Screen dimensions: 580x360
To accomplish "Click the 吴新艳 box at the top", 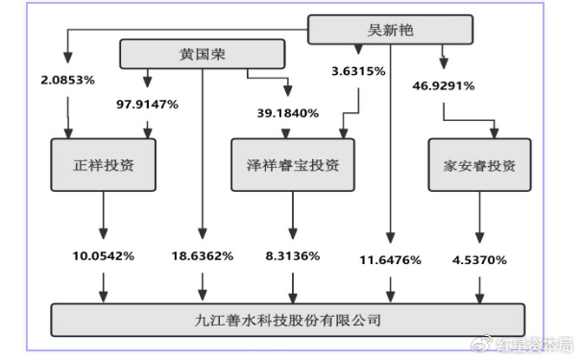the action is pyautogui.click(x=390, y=31).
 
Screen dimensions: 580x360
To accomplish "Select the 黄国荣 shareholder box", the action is pyautogui.click(x=202, y=52).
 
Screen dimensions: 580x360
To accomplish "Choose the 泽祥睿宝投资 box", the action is pyautogui.click(x=293, y=165).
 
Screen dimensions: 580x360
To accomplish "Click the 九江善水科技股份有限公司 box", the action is pyautogui.click(x=288, y=320).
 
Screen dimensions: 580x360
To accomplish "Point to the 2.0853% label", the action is pyautogui.click(x=67, y=80).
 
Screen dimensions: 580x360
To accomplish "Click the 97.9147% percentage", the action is pyautogui.click(x=147, y=104).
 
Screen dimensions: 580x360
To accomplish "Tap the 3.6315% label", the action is pyautogui.click(x=358, y=71).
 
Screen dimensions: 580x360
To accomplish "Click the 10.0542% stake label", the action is pyautogui.click(x=104, y=256).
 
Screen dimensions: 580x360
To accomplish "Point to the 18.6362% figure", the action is pyautogui.click(x=201, y=256).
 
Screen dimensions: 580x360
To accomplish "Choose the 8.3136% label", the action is pyautogui.click(x=292, y=256).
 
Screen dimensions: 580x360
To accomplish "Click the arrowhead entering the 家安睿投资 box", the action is pyautogui.click(x=495, y=132).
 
